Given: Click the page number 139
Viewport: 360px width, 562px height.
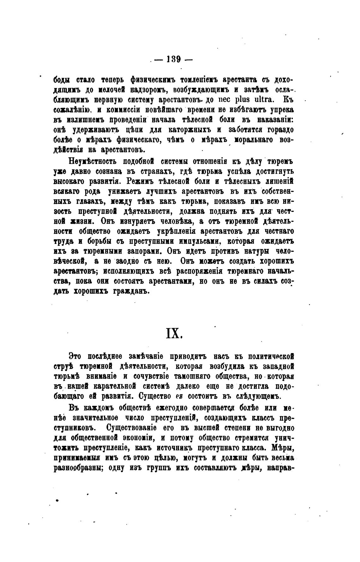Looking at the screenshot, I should [174, 59].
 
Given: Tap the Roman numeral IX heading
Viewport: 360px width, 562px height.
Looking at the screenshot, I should [174, 333].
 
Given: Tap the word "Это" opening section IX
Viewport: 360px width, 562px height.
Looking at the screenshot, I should [75, 356].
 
